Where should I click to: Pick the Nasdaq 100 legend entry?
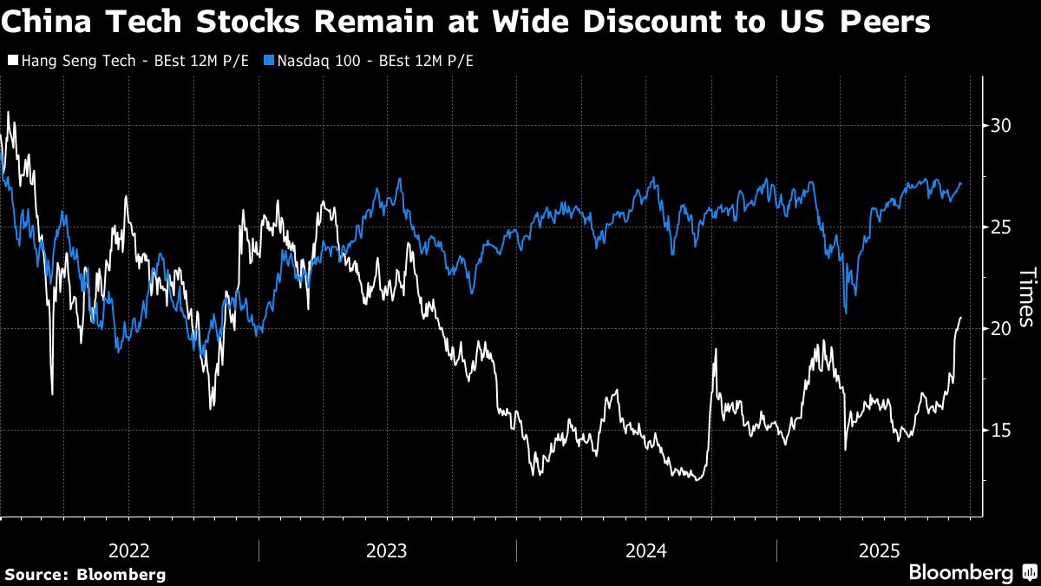373,61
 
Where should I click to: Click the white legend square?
11,61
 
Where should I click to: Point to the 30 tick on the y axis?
1001,126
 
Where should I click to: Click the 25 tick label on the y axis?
1001,227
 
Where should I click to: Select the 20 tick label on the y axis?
1001,329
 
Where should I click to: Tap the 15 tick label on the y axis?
1001,431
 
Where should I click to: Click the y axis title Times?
1025,297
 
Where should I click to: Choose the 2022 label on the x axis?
129,550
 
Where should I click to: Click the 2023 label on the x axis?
387,550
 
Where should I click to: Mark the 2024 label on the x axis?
646,550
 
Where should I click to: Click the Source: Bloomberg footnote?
85,574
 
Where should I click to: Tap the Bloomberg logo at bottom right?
972,573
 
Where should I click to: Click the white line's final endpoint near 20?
960,318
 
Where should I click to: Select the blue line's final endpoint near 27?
960,183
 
